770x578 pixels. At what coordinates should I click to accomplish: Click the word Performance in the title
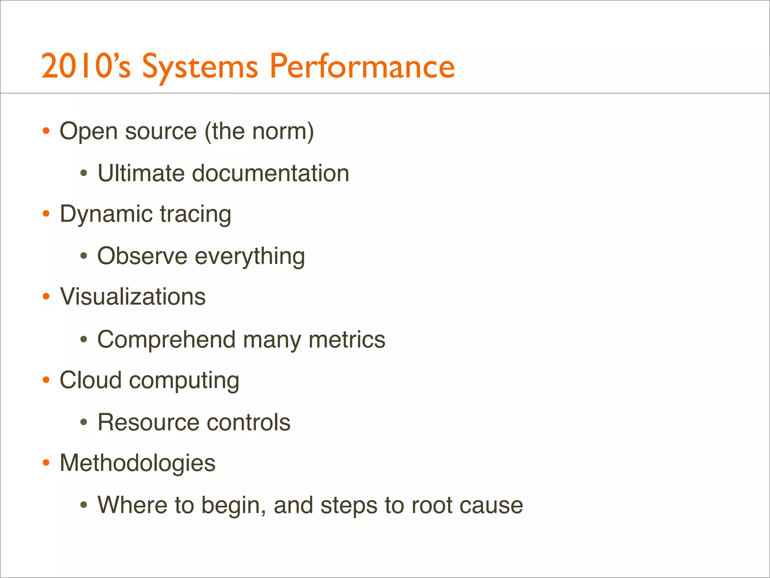tap(362, 67)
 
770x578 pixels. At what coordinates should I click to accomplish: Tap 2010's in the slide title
tap(86, 67)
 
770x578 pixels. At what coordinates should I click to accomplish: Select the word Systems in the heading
tap(200, 68)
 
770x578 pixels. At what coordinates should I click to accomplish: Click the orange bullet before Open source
tap(46, 131)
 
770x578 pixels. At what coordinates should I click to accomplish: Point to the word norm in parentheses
tap(280, 131)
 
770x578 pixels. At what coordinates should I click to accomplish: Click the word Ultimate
tap(141, 173)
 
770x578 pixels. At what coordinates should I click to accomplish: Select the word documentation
tap(270, 173)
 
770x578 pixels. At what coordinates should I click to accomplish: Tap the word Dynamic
tap(106, 214)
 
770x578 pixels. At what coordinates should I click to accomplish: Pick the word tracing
tap(196, 214)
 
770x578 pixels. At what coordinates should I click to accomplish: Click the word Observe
tap(142, 256)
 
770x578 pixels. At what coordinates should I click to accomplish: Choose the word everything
tap(250, 257)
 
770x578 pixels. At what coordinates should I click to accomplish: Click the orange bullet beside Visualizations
tap(46, 297)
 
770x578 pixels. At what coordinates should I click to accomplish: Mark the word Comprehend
tap(167, 340)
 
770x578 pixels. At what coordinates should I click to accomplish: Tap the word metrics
tap(347, 339)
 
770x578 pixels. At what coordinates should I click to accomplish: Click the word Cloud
tap(91, 380)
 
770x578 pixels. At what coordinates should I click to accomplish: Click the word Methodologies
tap(138, 463)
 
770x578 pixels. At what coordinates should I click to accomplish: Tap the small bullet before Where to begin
tap(84, 505)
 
